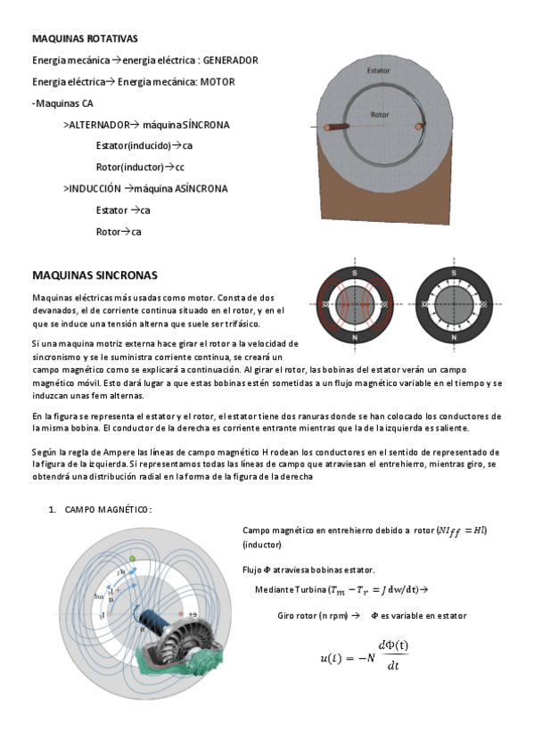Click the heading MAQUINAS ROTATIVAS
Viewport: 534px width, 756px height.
85,39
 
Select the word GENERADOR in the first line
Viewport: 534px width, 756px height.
230,61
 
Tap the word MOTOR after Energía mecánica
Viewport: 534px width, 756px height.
218,82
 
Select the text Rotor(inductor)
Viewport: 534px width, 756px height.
129,167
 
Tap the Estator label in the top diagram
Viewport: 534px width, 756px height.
378,69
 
